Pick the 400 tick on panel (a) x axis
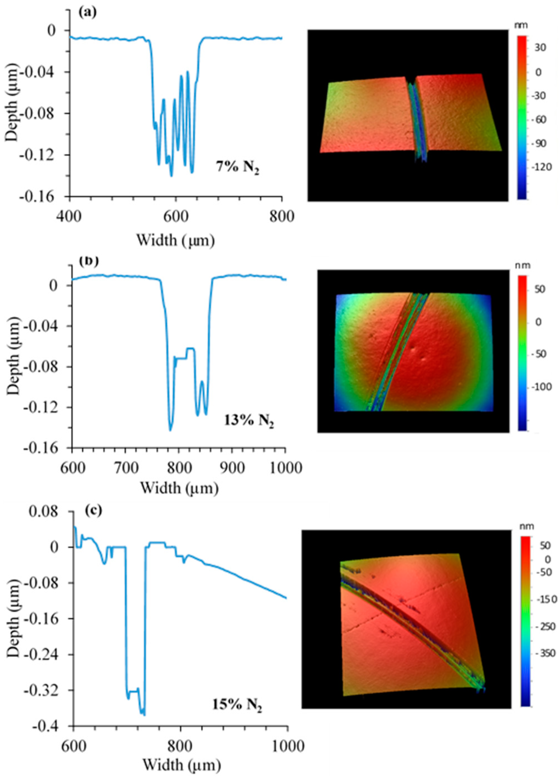(70, 217)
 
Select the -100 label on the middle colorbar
(543, 387)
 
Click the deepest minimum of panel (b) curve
(170, 430)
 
